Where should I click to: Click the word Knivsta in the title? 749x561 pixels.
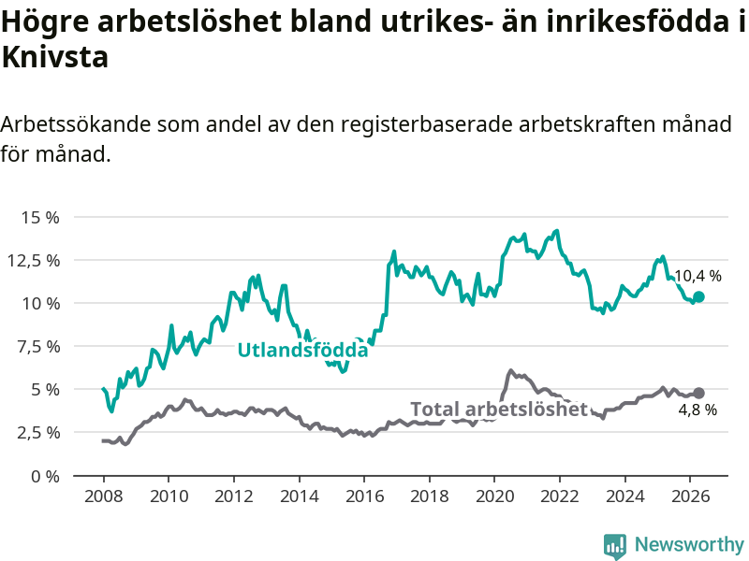[x=55, y=57]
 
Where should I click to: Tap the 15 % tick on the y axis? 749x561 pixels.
[x=40, y=218]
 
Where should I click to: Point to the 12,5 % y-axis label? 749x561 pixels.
[x=34, y=261]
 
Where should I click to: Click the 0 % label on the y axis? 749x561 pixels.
[x=45, y=476]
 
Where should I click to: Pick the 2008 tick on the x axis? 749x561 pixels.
[x=103, y=496]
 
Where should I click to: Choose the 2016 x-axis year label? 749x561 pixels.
[x=364, y=496]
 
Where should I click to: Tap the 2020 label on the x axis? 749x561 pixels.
[x=495, y=496]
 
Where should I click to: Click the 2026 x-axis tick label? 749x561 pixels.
[x=691, y=496]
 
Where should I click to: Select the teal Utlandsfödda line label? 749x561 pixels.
[x=302, y=350]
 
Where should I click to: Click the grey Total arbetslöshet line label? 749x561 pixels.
[x=499, y=410]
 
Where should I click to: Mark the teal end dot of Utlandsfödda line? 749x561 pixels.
[x=698, y=296]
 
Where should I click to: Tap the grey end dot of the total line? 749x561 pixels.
[x=698, y=393]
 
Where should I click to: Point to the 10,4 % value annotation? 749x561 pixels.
[x=698, y=276]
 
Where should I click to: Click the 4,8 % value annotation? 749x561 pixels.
[x=698, y=410]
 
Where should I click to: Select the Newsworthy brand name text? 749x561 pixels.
[x=689, y=544]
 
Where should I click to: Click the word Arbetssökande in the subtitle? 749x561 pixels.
[x=76, y=124]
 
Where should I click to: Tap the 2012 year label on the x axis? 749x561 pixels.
[x=233, y=496]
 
